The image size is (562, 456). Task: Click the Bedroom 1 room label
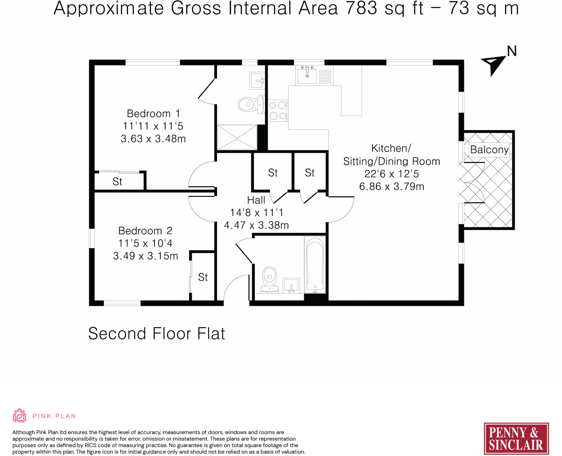pyautogui.click(x=153, y=113)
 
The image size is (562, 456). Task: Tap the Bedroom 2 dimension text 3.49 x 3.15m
pyautogui.click(x=145, y=256)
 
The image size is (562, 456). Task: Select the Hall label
pyautogui.click(x=256, y=200)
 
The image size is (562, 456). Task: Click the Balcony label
pyautogui.click(x=489, y=150)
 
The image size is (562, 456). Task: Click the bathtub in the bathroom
pyautogui.click(x=315, y=264)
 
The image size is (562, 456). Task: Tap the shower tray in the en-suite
pyautogui.click(x=237, y=137)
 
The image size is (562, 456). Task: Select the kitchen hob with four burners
pyautogui.click(x=278, y=111)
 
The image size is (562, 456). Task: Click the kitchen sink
pyautogui.click(x=307, y=75)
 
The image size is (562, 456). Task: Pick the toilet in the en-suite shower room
pyautogui.click(x=251, y=104)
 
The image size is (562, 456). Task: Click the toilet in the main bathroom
pyautogui.click(x=269, y=280)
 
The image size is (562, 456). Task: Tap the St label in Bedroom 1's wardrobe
pyautogui.click(x=117, y=181)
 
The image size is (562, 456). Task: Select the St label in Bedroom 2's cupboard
pyautogui.click(x=203, y=277)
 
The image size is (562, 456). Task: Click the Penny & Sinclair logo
pyautogui.click(x=516, y=438)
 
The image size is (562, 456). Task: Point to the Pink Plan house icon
pyautogui.click(x=19, y=415)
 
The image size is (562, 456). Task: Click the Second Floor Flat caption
pyautogui.click(x=157, y=334)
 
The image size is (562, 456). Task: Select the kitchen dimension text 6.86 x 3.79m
pyautogui.click(x=392, y=187)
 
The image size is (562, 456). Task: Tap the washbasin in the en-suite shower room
pyautogui.click(x=257, y=81)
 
